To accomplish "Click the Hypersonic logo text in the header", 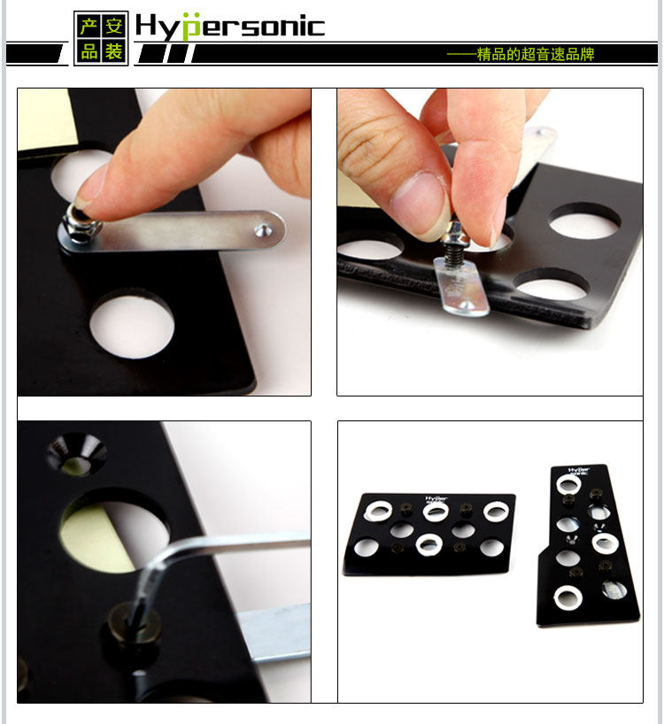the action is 230,27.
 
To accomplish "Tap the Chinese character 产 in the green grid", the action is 89,27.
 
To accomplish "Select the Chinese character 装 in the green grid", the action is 113,50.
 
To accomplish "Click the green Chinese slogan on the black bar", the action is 521,55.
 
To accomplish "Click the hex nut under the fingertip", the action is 81,225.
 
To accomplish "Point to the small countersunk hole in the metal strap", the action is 264,229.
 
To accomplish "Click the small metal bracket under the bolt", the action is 462,287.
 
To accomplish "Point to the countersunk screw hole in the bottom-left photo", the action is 76,454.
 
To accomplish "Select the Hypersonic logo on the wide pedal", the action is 436,499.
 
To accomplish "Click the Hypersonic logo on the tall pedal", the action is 579,471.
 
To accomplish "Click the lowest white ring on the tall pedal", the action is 568,597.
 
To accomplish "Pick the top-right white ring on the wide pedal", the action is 497,512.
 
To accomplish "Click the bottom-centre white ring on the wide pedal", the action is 429,545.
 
